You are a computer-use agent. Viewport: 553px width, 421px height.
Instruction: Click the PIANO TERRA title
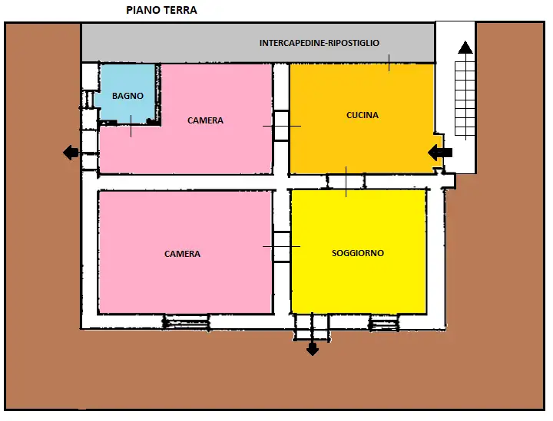click(161, 11)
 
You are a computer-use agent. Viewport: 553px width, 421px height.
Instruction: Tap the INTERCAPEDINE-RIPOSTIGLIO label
click(320, 43)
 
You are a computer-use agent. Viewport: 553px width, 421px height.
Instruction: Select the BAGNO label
click(127, 96)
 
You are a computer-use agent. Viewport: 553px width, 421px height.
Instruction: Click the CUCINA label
click(363, 115)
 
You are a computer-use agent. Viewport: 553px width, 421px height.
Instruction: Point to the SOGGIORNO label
click(358, 253)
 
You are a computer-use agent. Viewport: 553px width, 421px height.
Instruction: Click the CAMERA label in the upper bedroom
click(205, 120)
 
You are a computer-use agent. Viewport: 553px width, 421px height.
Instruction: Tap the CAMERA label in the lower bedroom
click(182, 254)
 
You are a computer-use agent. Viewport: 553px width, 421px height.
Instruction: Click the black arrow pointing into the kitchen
click(440, 153)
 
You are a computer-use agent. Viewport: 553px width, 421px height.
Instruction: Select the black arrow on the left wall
click(71, 153)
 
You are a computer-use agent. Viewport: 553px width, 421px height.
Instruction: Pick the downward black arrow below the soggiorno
click(313, 349)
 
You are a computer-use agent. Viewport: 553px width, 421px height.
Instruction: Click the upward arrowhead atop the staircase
click(465, 48)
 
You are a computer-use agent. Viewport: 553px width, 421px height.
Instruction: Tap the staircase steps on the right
click(465, 100)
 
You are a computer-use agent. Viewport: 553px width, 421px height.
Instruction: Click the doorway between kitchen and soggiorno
click(346, 181)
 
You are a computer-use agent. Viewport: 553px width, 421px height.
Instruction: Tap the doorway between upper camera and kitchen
click(282, 125)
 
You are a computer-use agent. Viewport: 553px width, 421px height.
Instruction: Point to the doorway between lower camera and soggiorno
click(282, 246)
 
